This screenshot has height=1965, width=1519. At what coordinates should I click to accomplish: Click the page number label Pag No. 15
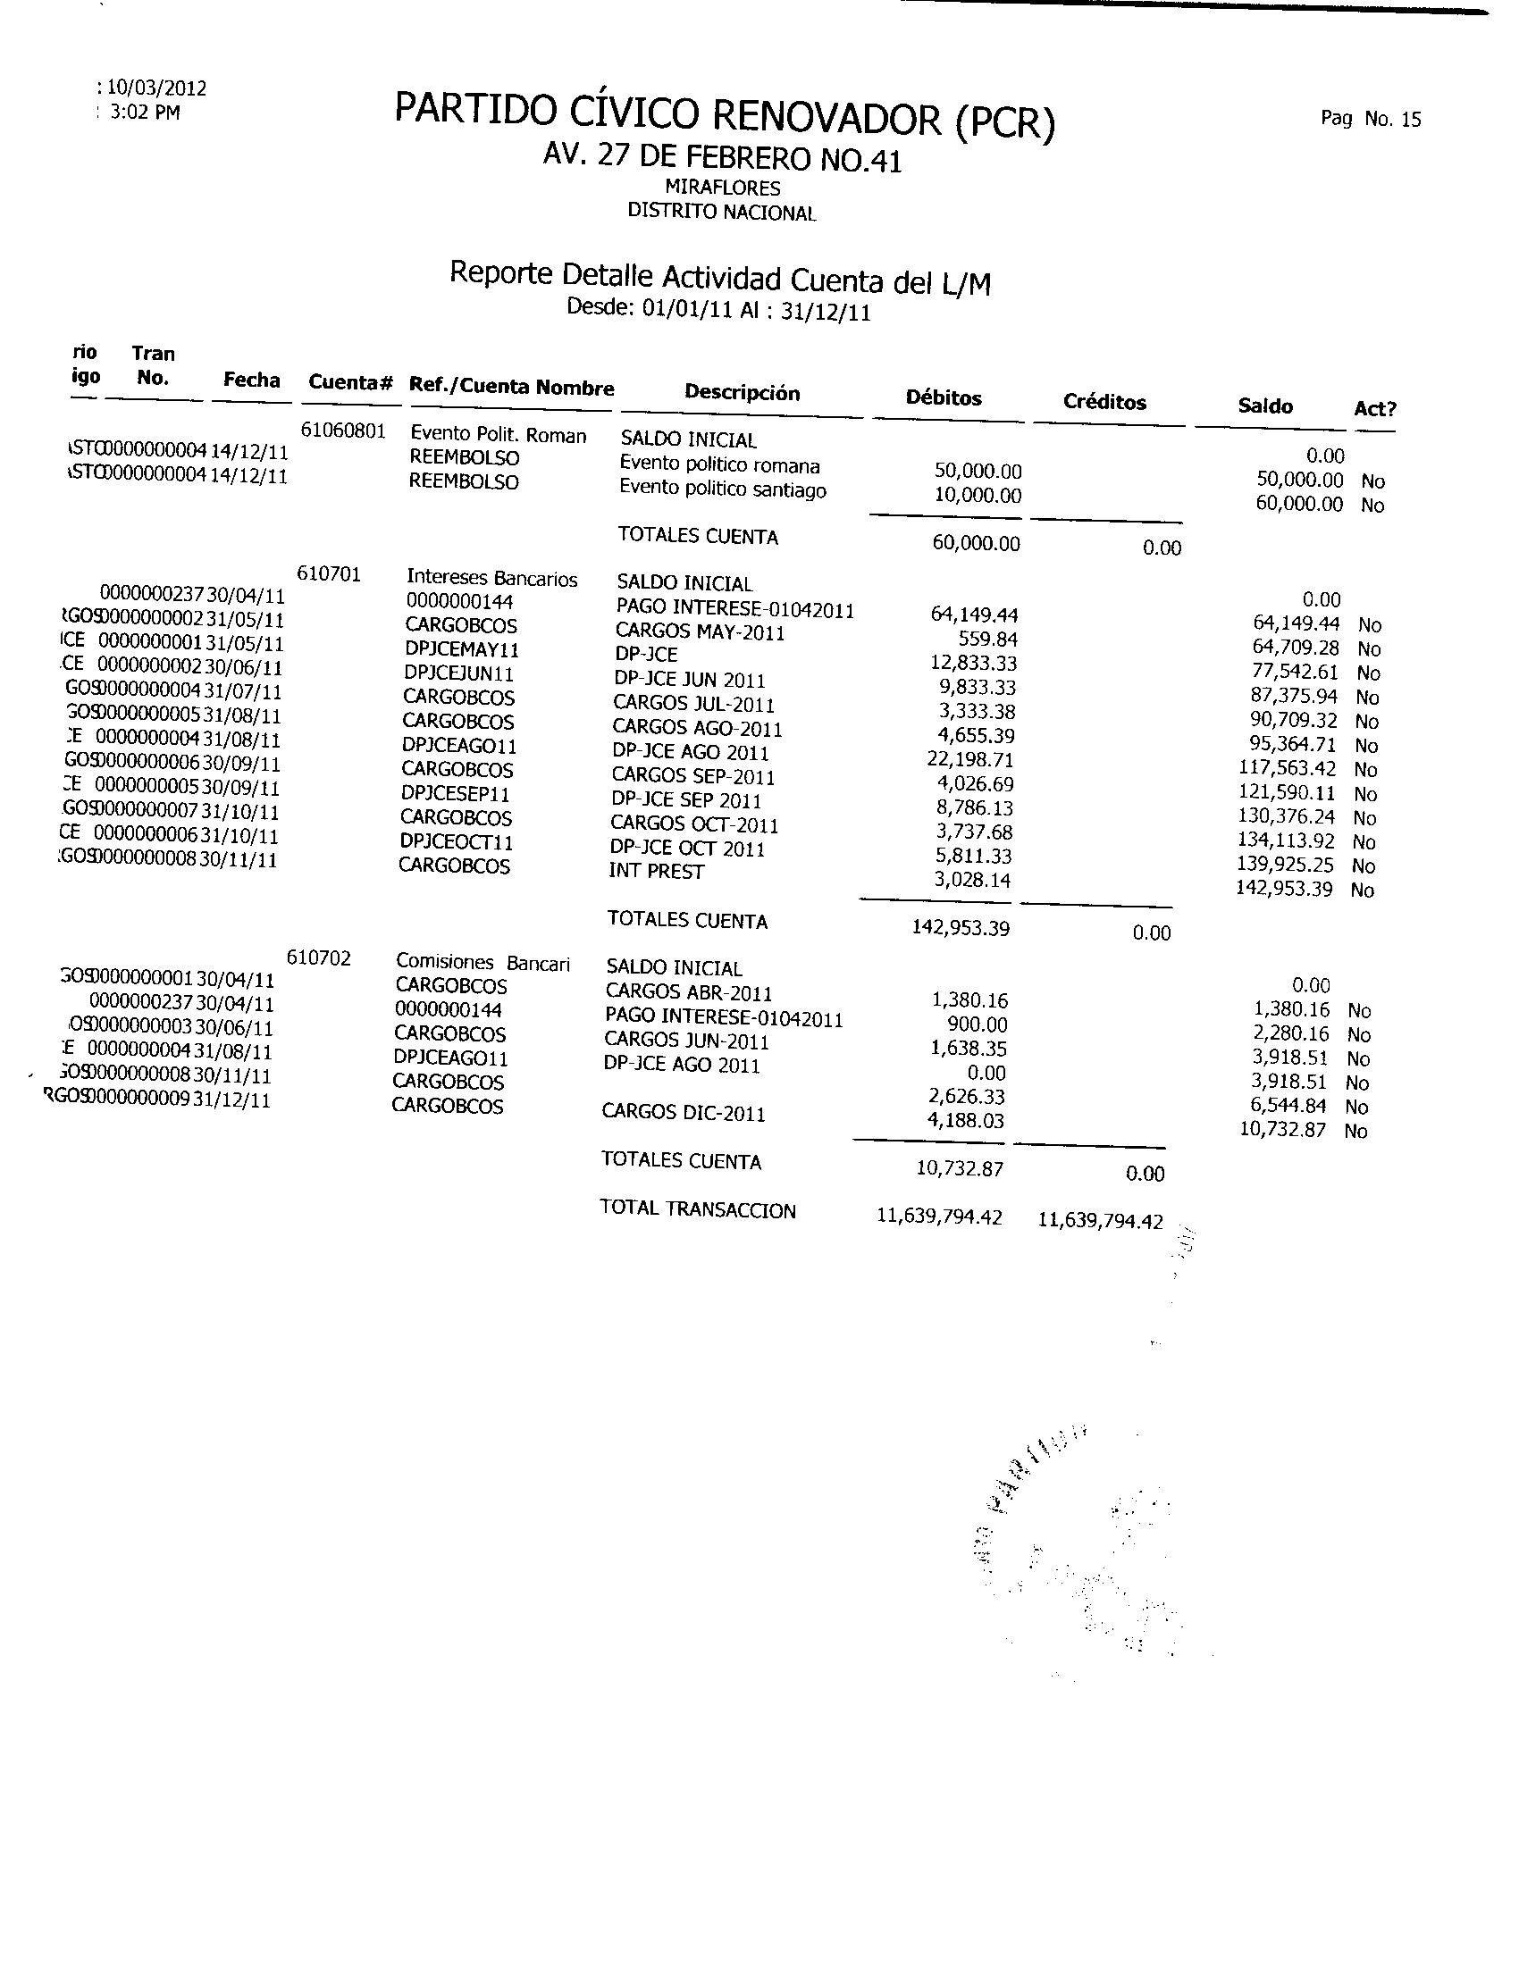(1371, 119)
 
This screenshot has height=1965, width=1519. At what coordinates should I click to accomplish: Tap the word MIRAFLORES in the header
(723, 188)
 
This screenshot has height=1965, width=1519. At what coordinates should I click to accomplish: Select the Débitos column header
(943, 397)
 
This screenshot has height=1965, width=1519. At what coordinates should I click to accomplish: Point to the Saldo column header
(1265, 406)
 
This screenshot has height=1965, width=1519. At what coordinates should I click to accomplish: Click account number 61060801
(343, 431)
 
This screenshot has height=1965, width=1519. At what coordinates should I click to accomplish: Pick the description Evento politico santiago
(723, 490)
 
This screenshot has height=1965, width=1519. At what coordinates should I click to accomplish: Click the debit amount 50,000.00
(978, 472)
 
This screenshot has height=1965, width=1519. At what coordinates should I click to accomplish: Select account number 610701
(330, 574)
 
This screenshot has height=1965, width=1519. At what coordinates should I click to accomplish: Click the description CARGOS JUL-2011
(693, 705)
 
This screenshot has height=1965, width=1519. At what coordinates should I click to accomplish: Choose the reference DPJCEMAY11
(462, 649)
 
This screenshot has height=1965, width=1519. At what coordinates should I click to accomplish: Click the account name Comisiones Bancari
(483, 964)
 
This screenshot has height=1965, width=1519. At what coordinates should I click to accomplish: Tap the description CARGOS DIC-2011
(683, 1113)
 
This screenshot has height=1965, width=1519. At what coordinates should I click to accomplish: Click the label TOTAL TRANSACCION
(698, 1210)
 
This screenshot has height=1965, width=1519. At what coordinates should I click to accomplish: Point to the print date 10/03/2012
(157, 88)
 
